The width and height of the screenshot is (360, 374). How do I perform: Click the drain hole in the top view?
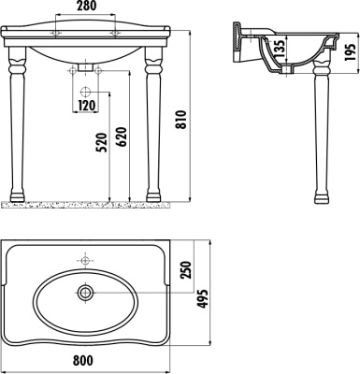point(86,294)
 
